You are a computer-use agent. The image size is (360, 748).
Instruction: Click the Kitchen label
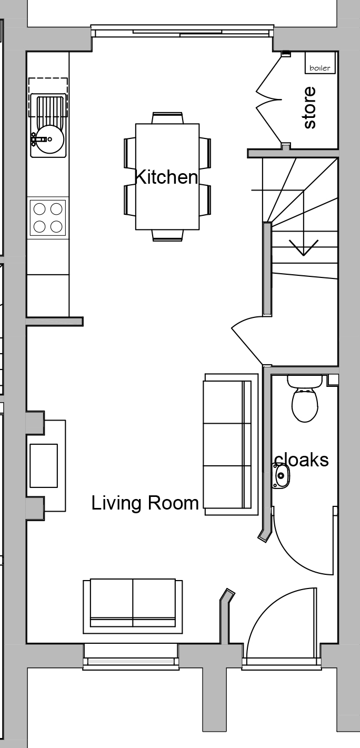(x=166, y=177)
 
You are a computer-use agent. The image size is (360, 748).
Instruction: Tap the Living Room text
(x=145, y=503)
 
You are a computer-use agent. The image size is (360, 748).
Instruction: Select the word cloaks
(x=302, y=460)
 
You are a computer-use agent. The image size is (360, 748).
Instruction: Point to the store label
(x=309, y=107)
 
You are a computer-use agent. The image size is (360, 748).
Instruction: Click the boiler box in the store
(x=319, y=63)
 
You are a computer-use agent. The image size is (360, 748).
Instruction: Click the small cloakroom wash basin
(x=280, y=475)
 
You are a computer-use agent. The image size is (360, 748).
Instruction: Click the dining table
(x=167, y=177)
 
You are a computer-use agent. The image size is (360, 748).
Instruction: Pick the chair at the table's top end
(x=167, y=118)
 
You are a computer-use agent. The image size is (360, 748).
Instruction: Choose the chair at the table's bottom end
(x=167, y=235)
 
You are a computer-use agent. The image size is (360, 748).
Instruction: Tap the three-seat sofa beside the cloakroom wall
(x=231, y=444)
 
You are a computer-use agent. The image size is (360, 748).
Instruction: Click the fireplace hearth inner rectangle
(x=44, y=465)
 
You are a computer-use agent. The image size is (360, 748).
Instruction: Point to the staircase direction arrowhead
(x=303, y=247)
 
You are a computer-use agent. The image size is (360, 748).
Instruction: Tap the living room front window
(x=131, y=658)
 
